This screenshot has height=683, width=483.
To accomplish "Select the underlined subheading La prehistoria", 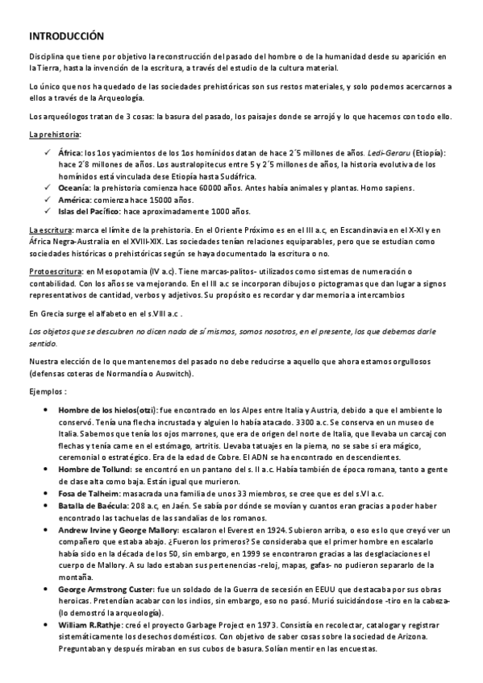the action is (55, 135).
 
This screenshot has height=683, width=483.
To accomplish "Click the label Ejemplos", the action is (48, 391).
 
